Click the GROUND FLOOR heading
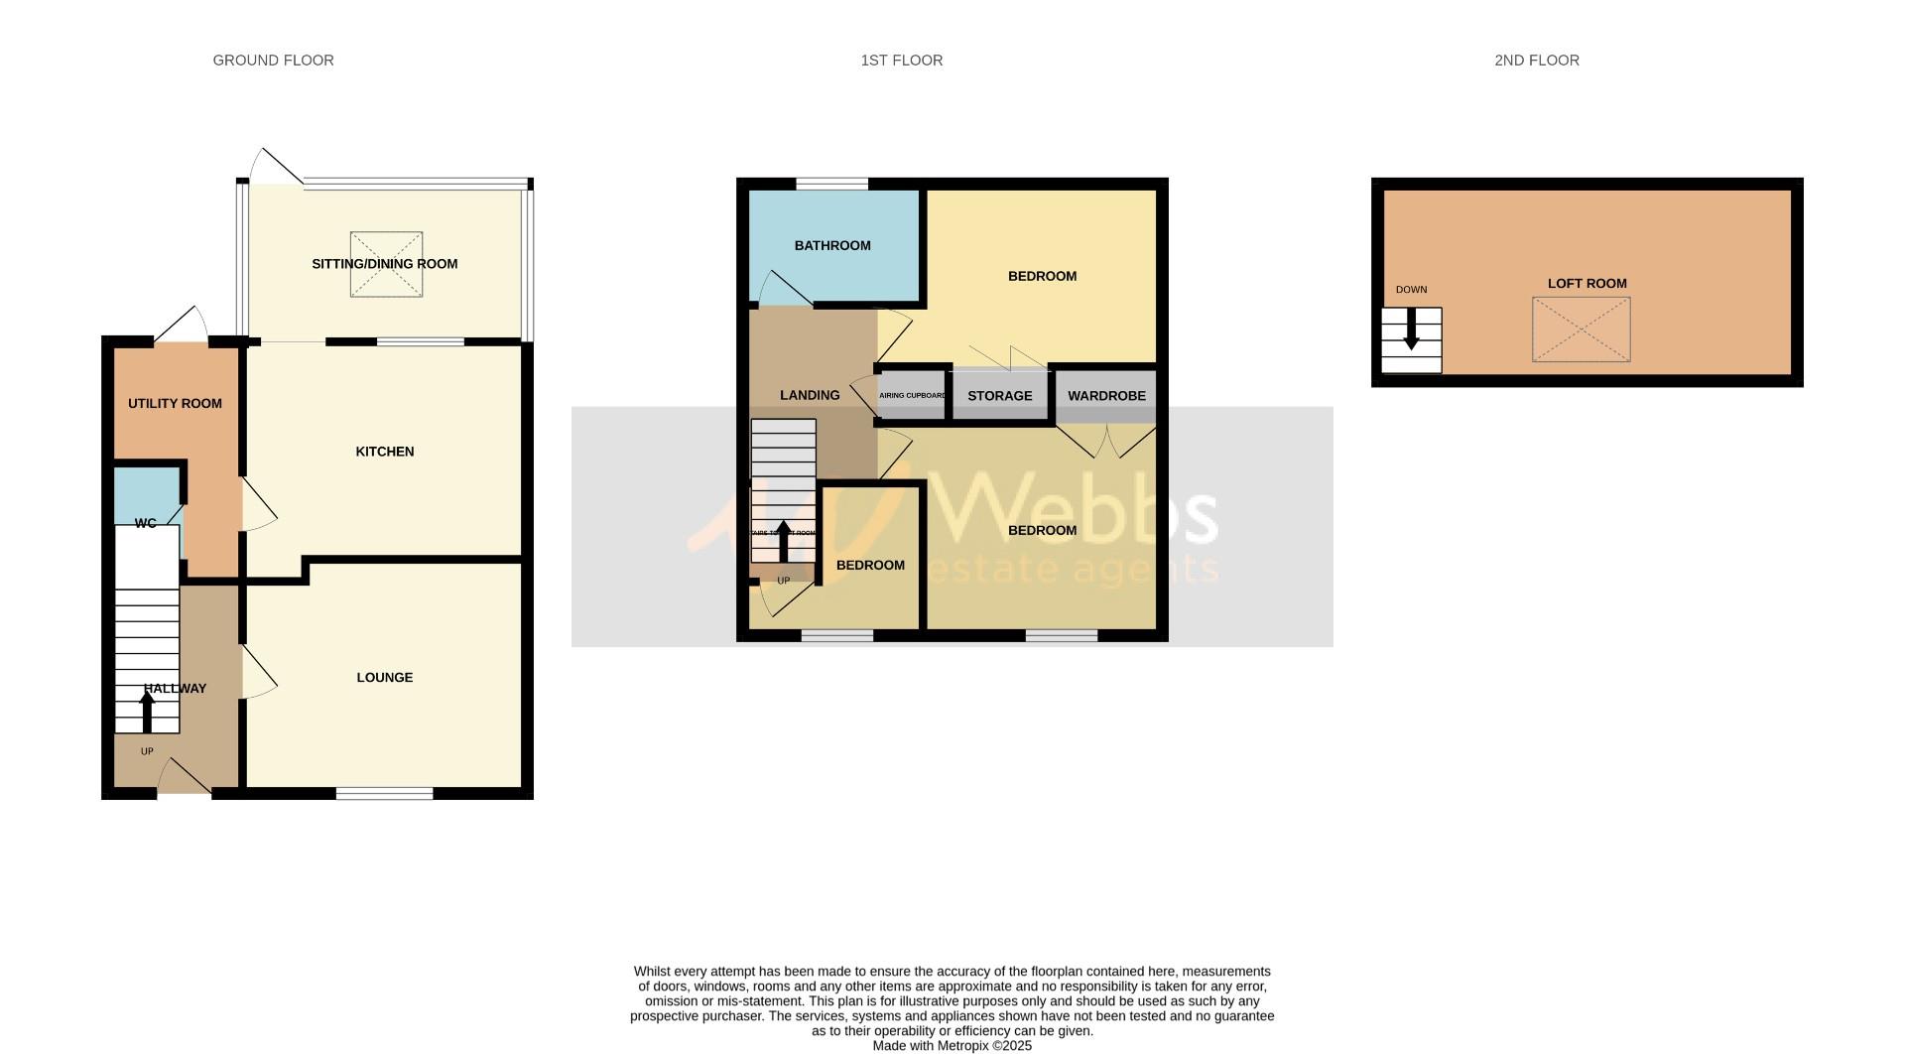[273, 61]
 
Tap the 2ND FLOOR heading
[1536, 61]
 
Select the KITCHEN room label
[384, 452]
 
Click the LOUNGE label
[384, 678]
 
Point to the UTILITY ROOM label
[175, 404]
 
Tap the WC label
[145, 523]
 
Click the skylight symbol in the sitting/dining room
[386, 264]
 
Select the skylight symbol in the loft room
[1581, 329]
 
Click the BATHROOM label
[831, 246]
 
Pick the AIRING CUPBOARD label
[912, 396]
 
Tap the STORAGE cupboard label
[999, 396]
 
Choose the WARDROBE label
[1106, 396]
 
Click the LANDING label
[810, 395]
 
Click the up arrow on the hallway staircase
[147, 710]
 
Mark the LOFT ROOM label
[1587, 284]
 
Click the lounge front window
[384, 793]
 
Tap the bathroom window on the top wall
[831, 184]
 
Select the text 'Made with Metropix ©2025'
[952, 1046]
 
